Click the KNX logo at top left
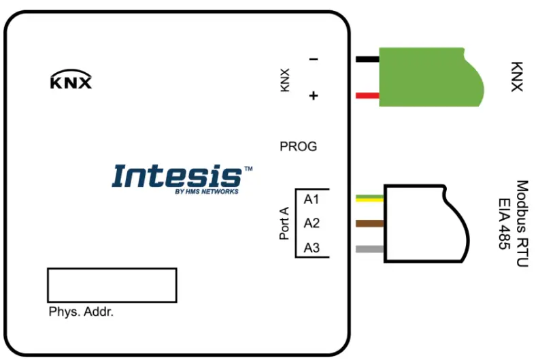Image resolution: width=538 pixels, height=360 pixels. point(71,82)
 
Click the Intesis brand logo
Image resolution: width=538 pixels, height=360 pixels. point(177,176)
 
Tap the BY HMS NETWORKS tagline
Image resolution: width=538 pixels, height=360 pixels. point(207,192)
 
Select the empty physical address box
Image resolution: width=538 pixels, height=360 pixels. point(112,284)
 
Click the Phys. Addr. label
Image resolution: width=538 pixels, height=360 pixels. point(81,312)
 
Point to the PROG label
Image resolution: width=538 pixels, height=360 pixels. point(298,146)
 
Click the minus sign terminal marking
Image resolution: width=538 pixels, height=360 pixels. point(314,59)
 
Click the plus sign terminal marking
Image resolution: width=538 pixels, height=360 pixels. point(314,96)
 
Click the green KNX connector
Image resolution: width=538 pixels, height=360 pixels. point(428,76)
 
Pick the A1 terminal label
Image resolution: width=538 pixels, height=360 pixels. point(312,199)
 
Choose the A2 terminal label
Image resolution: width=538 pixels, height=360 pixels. point(312,223)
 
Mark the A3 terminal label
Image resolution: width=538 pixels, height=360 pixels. point(312,248)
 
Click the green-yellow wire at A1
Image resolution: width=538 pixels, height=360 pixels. point(369,199)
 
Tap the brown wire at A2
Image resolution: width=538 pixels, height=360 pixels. point(369,223)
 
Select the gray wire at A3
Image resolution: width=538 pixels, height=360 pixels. point(369,248)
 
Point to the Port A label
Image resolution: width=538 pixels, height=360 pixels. point(285,223)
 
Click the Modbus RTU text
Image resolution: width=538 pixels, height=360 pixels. point(522,223)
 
